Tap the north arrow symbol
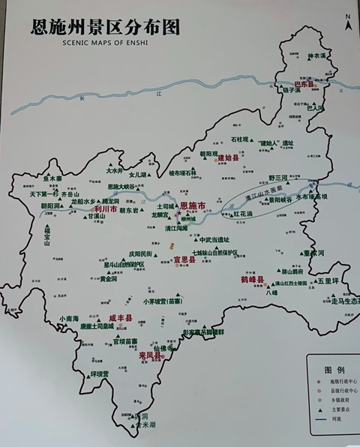[347, 22]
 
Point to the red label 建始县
[228, 158]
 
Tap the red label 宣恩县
[184, 260]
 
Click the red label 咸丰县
[120, 319]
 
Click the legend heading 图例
[334, 370]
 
